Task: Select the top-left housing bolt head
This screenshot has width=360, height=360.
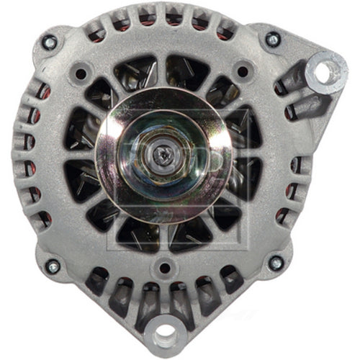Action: tap(49, 42)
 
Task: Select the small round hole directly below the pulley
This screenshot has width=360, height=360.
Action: tap(165, 268)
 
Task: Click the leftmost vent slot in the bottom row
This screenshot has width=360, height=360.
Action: tap(96, 282)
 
